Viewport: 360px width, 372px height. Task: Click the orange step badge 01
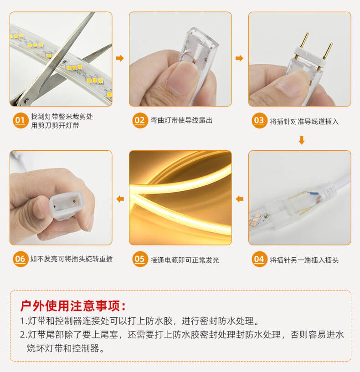[x=20, y=121]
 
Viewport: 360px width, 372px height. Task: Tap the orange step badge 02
[x=139, y=121]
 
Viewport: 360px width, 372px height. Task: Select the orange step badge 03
[x=259, y=121]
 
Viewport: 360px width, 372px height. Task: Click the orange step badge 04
[x=259, y=260]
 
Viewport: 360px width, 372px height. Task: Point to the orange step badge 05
[x=139, y=260]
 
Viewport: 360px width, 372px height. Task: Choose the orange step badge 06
[x=20, y=260]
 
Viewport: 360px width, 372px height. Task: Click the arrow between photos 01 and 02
[x=120, y=58]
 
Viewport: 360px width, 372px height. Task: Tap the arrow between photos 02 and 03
[x=240, y=58]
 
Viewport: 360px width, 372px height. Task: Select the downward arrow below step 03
[x=301, y=141]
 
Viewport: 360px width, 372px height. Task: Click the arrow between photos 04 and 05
[x=240, y=199]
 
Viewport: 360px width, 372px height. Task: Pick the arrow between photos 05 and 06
[x=120, y=199]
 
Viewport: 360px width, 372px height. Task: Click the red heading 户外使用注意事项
[x=73, y=306]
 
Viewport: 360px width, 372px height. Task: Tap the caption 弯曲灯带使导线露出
[x=181, y=121]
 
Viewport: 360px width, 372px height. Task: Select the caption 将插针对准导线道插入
[x=304, y=121]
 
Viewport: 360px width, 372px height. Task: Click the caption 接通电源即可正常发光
[x=185, y=260]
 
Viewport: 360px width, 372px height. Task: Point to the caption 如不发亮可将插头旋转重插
[x=72, y=259]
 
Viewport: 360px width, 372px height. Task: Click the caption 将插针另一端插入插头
[x=304, y=260]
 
